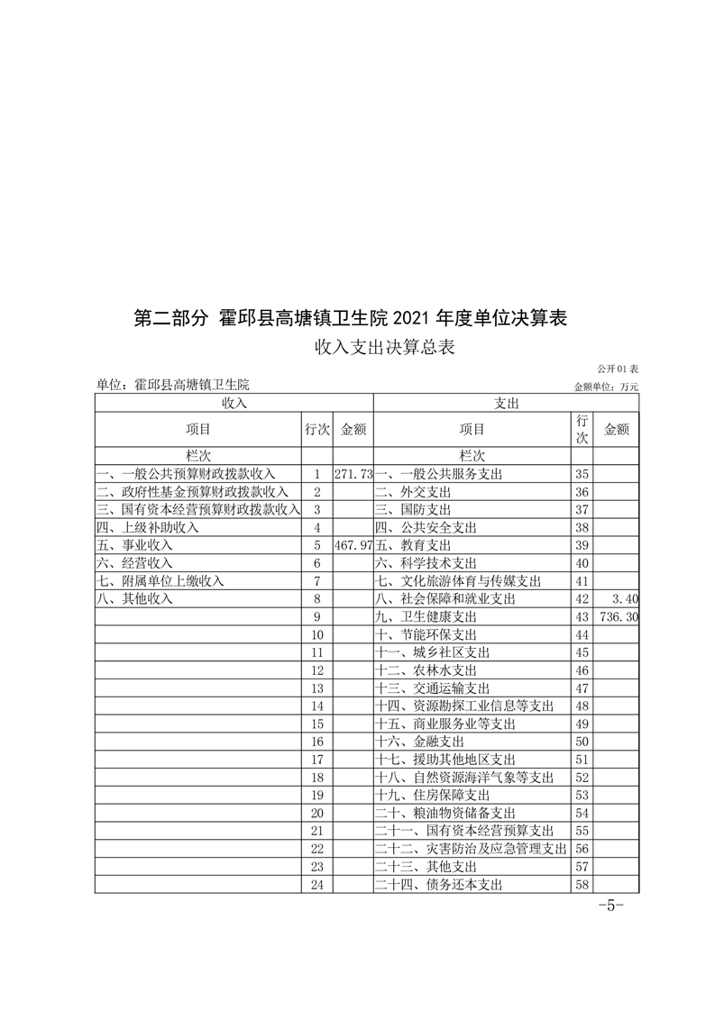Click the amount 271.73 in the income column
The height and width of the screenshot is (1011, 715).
(x=353, y=474)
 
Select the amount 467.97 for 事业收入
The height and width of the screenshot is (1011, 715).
(x=353, y=546)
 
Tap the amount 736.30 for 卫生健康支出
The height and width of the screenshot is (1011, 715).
(x=618, y=617)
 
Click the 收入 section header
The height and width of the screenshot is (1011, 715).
(x=234, y=404)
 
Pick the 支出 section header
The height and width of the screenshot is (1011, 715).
(x=507, y=404)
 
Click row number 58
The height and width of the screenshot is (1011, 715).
(x=582, y=885)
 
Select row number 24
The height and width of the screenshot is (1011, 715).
(x=316, y=885)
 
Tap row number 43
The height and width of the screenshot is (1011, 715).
(x=582, y=617)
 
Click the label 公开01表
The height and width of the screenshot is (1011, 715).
(x=617, y=369)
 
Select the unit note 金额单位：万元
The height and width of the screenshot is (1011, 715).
(x=605, y=387)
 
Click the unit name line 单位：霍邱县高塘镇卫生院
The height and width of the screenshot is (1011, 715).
(x=172, y=385)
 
